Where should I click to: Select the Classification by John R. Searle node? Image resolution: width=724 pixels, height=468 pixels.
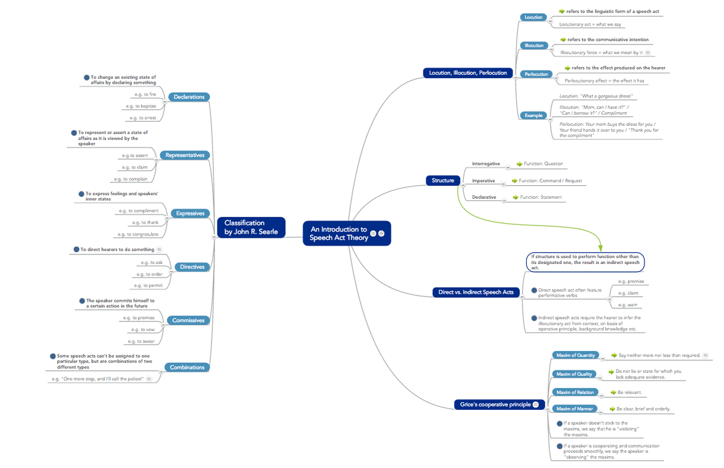tap(251, 227)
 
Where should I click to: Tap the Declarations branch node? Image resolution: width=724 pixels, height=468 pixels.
tap(189, 97)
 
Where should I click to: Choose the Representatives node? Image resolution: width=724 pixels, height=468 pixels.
tap(185, 155)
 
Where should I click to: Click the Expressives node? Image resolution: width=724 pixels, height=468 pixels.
tap(190, 214)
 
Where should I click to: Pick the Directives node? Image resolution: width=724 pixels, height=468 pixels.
tap(192, 267)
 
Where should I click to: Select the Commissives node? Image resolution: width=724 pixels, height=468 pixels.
tap(188, 320)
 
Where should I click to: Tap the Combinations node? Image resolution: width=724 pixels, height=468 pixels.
tap(187, 367)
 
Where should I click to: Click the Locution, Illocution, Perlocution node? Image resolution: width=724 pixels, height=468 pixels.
tap(468, 73)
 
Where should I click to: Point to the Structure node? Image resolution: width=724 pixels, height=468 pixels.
tap(443, 180)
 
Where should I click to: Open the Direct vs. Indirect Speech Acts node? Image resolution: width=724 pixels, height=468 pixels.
tap(476, 292)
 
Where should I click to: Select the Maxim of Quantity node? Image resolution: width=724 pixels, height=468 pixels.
tap(576, 355)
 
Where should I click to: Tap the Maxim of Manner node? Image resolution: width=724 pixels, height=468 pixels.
tap(575, 409)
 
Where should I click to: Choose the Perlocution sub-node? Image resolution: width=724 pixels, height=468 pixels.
tap(536, 74)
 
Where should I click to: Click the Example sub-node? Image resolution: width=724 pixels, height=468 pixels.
tap(533, 116)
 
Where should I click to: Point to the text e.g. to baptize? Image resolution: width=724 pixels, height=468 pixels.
tap(141, 106)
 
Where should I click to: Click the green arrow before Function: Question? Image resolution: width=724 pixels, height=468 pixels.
tap(519, 164)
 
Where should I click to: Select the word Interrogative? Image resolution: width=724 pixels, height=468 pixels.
tap(486, 164)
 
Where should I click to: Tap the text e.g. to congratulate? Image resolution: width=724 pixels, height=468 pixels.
tap(137, 234)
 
